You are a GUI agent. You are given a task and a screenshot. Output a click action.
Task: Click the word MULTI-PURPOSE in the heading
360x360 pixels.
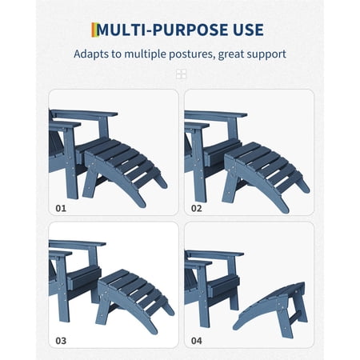point(162,30)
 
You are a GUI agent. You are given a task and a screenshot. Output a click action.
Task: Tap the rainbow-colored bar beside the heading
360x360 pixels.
point(94,30)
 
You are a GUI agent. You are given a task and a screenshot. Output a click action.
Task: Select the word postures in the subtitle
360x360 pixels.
point(192,54)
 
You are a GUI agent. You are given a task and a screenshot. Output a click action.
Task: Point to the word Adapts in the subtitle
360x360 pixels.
point(91,54)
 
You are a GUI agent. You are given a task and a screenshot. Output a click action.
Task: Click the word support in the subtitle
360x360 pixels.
point(266,54)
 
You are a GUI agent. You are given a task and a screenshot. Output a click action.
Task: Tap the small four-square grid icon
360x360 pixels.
point(181,74)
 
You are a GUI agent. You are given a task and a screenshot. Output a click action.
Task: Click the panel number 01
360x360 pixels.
point(61,208)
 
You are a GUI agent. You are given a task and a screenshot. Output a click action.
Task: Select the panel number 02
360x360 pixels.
point(197,208)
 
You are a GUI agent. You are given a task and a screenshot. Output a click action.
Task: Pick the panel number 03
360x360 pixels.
point(61,341)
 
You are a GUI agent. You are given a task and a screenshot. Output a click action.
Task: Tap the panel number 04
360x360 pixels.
point(197,341)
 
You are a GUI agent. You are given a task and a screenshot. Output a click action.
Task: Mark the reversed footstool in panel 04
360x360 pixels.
point(272,310)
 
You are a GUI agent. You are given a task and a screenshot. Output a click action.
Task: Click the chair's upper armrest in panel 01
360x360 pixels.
point(85,114)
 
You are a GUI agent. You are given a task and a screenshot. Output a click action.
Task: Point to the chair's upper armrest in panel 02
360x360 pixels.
point(216,115)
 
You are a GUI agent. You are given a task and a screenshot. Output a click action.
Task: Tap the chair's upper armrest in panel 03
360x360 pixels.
point(78,244)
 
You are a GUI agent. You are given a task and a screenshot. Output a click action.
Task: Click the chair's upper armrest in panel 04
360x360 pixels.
point(214,254)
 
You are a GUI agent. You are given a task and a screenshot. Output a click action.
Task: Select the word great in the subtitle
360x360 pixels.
point(230,54)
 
